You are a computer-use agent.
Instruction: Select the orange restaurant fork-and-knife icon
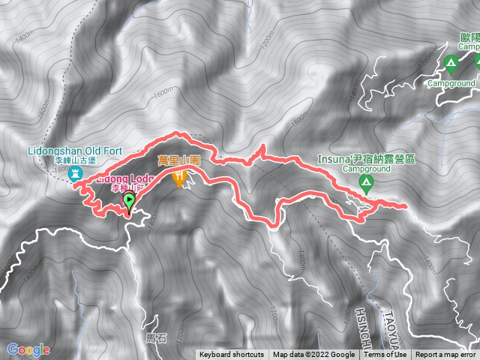tap(179, 179)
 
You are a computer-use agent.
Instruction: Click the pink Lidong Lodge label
tap(126, 178)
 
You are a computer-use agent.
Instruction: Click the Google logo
tap(28, 349)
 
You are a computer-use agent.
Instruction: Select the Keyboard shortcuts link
tap(231, 355)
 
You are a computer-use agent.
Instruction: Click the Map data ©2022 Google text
tap(313, 355)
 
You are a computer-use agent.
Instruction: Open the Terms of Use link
tap(385, 355)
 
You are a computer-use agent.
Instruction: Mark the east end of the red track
tap(406, 205)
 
